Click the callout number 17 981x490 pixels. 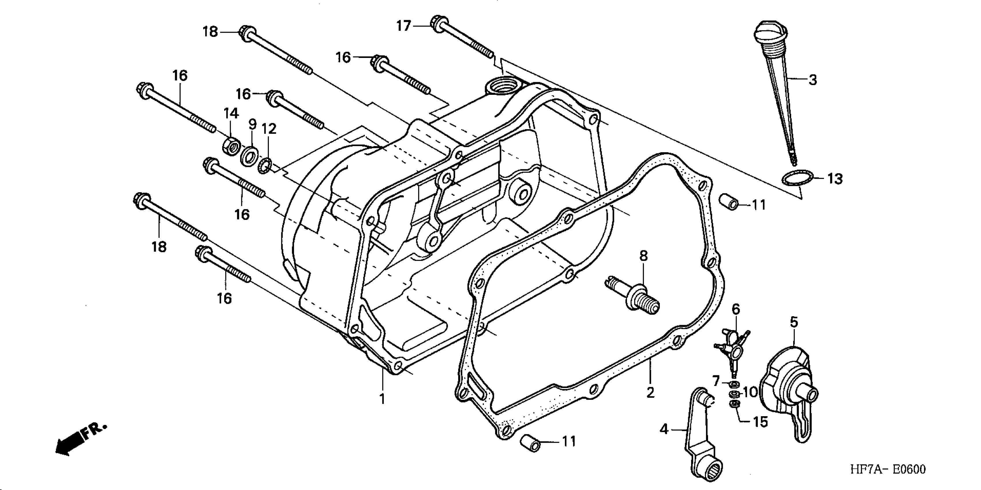pos(404,26)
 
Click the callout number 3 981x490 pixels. pos(813,80)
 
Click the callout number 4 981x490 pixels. pos(664,429)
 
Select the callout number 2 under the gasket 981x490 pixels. pos(650,393)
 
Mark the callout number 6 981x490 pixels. pos(736,309)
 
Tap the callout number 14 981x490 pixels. pos(231,113)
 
